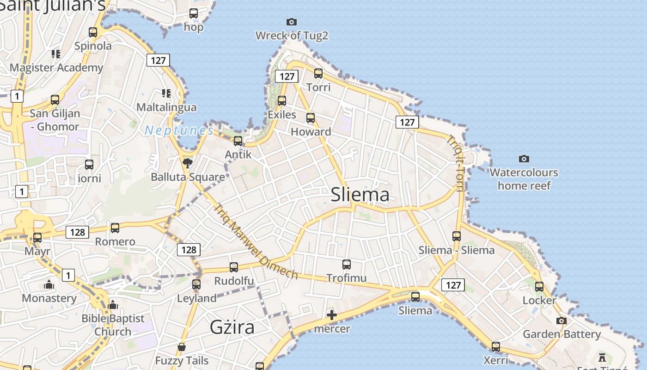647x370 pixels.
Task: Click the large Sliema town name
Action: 360,195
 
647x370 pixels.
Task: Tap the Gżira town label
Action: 232,327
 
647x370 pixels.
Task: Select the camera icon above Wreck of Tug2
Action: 292,22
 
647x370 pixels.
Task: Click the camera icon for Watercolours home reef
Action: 524,159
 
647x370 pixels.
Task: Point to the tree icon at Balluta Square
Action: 187,162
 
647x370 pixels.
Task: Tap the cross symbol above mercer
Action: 332,315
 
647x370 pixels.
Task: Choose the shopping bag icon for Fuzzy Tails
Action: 182,347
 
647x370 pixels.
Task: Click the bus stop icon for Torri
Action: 318,73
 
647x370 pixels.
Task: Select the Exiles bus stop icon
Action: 282,100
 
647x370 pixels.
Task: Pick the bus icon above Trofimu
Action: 347,265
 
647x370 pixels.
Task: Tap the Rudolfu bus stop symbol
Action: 234,267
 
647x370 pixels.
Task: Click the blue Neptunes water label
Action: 179,131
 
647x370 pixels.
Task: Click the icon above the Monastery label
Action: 49,284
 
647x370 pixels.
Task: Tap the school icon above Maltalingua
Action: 166,93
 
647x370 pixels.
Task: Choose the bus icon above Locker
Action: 539,287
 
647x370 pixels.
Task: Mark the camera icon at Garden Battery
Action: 562,321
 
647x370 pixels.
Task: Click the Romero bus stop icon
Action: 115,228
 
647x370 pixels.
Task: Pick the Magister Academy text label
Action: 56,68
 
